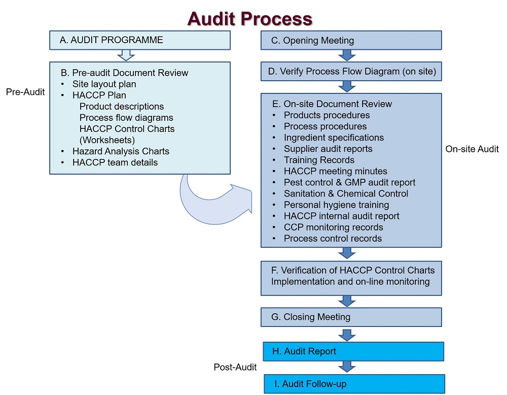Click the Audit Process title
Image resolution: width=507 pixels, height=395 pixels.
tap(249, 18)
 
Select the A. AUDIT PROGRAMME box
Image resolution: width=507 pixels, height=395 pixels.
tap(140, 40)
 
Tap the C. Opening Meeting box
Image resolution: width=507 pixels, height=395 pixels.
tap(351, 41)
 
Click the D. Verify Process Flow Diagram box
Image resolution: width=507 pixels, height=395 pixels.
tap(351, 72)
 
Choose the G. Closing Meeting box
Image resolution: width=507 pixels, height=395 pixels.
tap(351, 317)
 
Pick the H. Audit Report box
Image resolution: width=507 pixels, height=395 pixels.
tap(353, 351)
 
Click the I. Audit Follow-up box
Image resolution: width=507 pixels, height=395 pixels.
tap(354, 384)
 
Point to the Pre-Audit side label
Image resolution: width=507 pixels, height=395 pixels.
tap(25, 92)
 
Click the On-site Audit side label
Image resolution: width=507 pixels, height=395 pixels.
tap(472, 149)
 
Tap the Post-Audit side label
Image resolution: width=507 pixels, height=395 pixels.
tap(235, 367)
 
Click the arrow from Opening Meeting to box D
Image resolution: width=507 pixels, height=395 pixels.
tap(347, 55)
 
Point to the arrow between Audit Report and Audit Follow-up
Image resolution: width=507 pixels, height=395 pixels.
tap(347, 367)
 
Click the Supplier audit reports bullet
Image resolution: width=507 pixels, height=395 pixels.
tap(328, 149)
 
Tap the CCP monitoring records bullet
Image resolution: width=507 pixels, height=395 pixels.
tap(333, 227)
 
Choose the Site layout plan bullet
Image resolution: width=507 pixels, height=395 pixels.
tap(104, 84)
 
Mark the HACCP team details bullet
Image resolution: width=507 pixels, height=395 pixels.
tap(115, 162)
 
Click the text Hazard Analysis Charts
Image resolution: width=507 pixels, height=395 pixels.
tap(121, 151)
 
